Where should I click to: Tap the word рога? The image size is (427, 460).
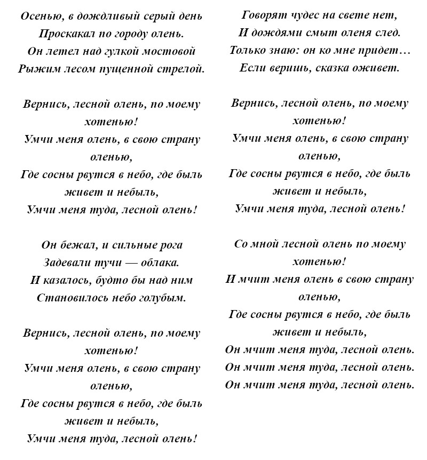point(171,245)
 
